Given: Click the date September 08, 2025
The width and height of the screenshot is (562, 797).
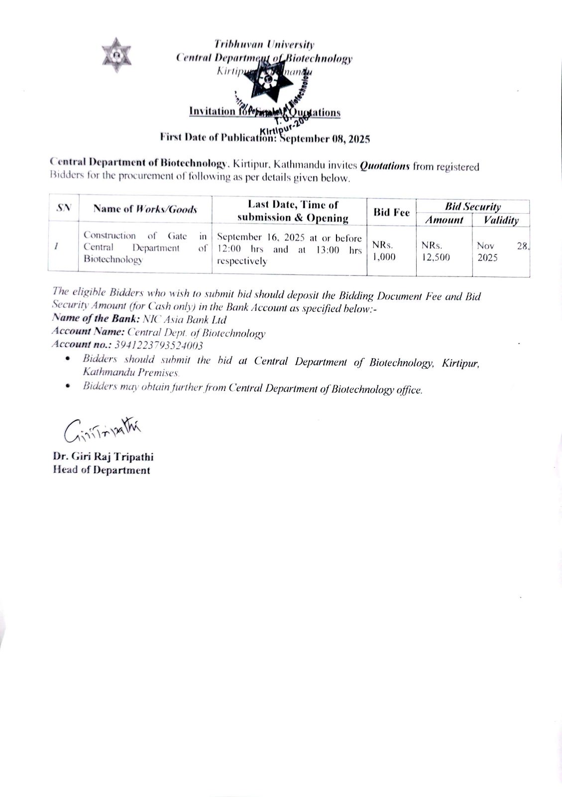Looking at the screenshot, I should coord(326,139).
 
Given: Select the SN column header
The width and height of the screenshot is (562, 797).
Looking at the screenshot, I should coord(63,208).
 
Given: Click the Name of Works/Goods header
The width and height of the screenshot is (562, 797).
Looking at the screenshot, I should coord(145,209).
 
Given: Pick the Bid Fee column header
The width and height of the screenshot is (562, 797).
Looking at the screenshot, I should coord(391,213).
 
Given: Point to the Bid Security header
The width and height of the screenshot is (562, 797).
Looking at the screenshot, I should coord(472,207).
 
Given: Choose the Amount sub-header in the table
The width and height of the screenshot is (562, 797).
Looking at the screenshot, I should coord(444,220).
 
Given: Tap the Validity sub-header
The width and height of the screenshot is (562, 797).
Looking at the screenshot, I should coord(501,220).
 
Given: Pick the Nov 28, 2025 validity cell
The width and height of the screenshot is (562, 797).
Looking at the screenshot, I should coord(500,252).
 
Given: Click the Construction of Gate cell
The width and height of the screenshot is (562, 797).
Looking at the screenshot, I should coord(145,248).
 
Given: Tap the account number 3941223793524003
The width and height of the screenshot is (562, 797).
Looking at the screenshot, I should coord(159,345).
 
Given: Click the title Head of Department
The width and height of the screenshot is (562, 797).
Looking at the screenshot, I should coord(101,470).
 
